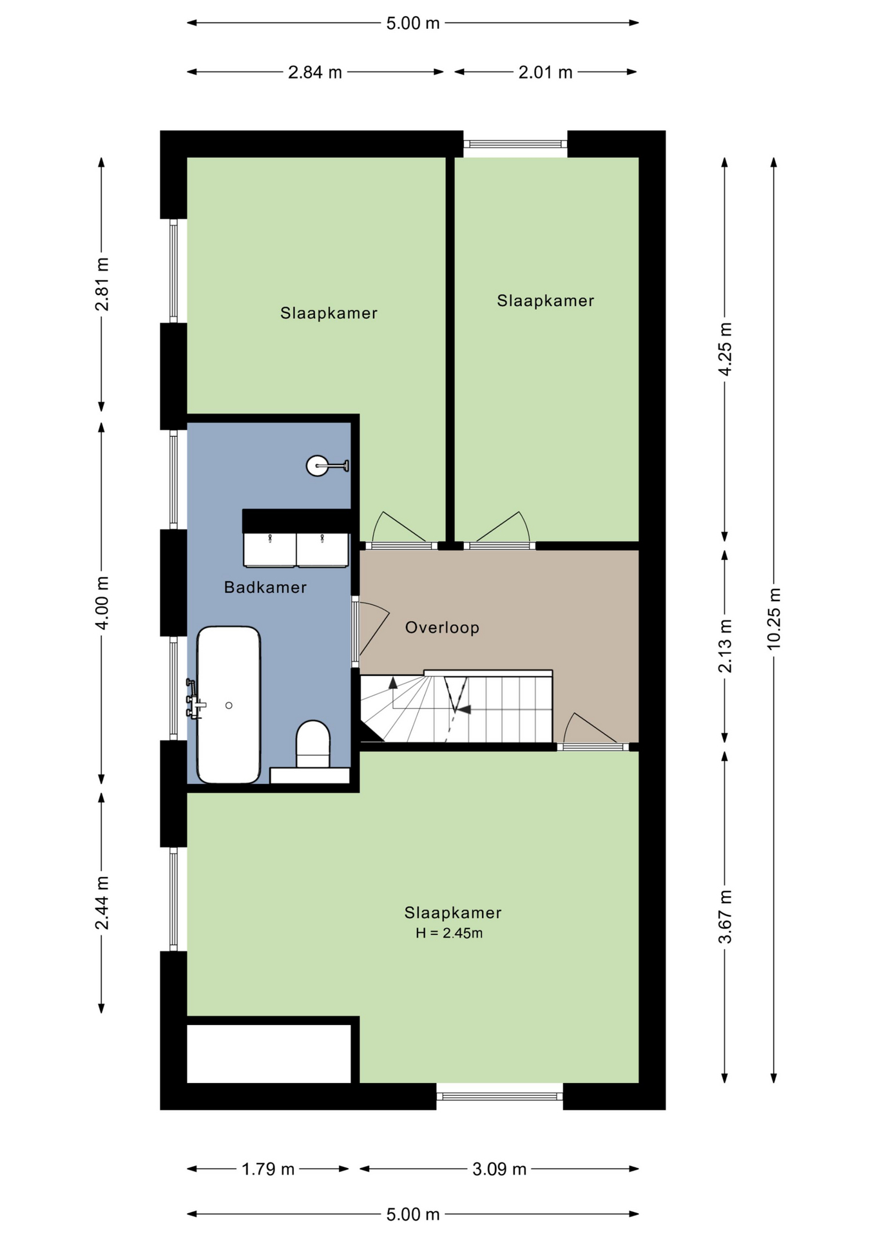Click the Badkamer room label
coord(265,587)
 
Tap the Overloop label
coord(442,628)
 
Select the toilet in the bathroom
coord(313,744)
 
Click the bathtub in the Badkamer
coord(229,705)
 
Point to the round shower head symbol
coord(318,465)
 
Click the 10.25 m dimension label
coord(774,618)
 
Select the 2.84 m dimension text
coord(314,72)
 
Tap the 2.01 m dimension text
coord(545,72)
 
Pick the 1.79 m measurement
coord(268,1169)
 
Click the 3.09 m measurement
coord(499,1169)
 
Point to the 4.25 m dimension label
coord(726,349)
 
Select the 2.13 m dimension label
coord(726,646)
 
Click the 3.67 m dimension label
coord(726,917)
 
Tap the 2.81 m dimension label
coord(102,284)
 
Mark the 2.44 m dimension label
coord(102,903)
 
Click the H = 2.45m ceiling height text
coord(449,933)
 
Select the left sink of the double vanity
coord(269,550)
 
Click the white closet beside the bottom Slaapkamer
coord(269,1053)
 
